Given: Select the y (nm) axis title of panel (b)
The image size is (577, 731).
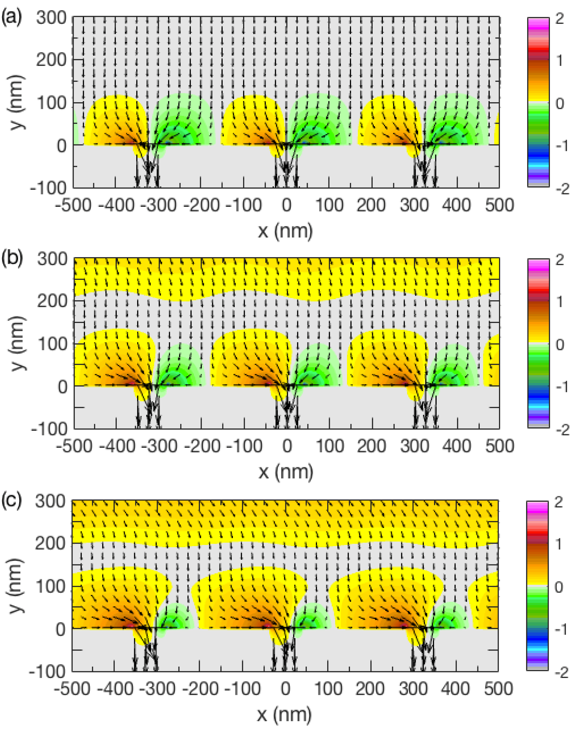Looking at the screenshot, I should (x=17, y=344).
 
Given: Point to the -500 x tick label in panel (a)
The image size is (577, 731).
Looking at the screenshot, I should (x=73, y=205).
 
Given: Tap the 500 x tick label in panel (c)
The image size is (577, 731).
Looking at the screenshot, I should (x=499, y=688).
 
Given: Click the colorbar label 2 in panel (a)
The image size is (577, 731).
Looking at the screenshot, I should (x=560, y=18).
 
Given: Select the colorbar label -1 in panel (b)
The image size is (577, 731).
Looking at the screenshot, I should (x=562, y=386).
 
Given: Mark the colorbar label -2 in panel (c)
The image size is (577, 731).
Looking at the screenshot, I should (x=562, y=673).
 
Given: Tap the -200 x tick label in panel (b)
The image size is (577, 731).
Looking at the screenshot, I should (x=202, y=446).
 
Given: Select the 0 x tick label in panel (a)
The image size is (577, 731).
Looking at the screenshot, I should (x=286, y=205).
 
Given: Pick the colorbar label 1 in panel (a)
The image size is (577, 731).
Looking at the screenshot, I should (x=560, y=61).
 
